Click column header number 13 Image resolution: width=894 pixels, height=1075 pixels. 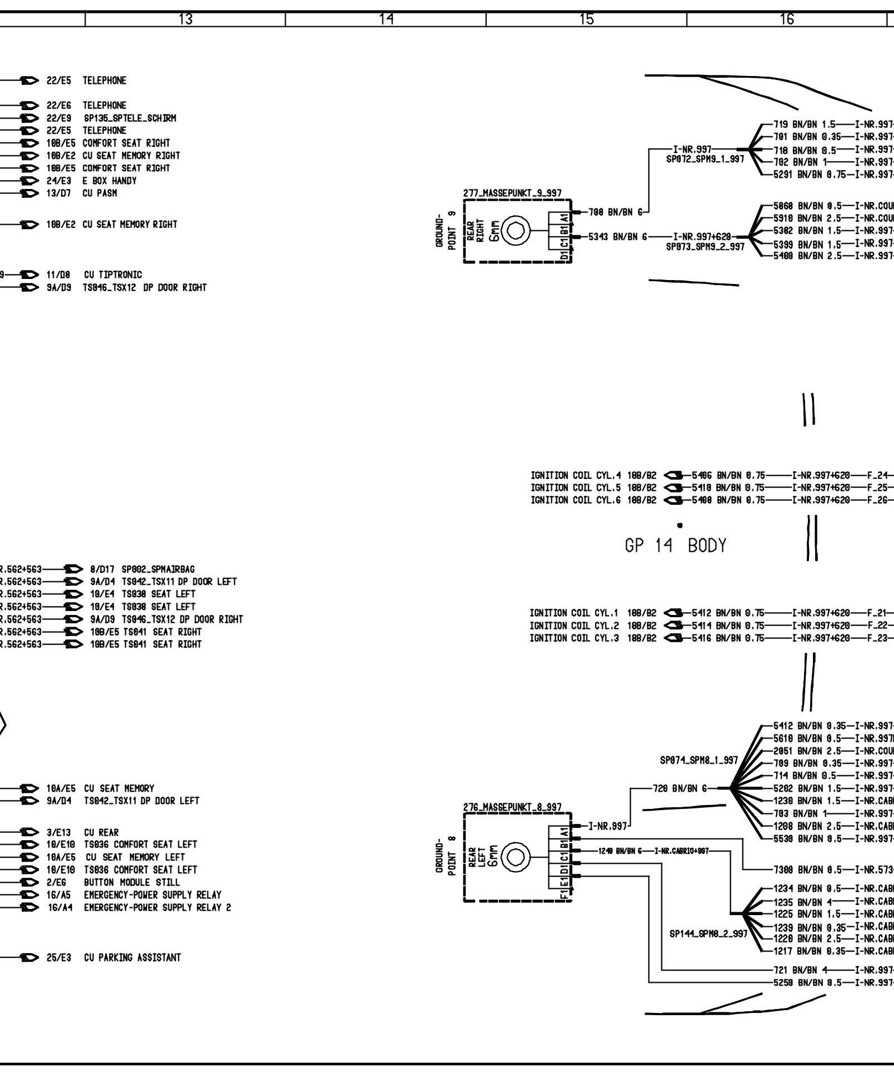186,20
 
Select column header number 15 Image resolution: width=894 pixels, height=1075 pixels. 586,20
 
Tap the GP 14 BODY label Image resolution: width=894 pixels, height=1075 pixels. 675,545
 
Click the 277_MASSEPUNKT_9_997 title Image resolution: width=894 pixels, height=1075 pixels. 512,193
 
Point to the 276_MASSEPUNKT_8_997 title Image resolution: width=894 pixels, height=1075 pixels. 513,807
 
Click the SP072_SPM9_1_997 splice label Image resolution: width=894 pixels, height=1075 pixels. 704,159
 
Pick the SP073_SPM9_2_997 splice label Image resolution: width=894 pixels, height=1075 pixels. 705,246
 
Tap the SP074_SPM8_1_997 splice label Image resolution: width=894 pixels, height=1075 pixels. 699,760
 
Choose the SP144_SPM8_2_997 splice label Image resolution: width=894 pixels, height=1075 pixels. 708,934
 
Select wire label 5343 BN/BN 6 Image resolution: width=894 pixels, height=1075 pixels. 617,237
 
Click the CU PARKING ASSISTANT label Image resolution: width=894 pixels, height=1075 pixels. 133,958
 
